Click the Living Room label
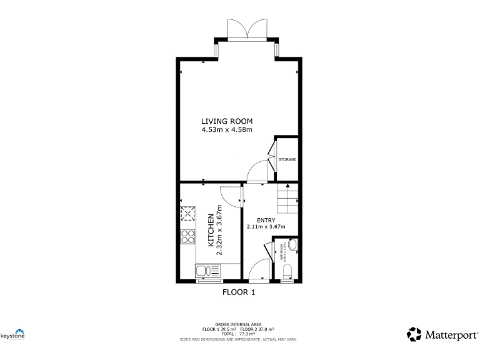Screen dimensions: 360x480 [x=226, y=121]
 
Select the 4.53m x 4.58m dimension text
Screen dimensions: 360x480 [x=226, y=130]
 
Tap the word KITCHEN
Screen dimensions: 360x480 [x=211, y=229]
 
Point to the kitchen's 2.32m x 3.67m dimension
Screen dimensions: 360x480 [x=219, y=229]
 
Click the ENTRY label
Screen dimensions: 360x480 [x=266, y=220]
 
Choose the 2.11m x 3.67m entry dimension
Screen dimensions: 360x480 [x=266, y=227]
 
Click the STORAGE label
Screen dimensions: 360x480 [x=287, y=159]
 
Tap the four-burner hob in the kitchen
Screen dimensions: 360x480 [x=187, y=237]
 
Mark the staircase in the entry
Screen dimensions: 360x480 [x=287, y=199]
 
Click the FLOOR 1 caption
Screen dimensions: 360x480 [x=239, y=292]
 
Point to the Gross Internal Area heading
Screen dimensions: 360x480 [x=239, y=324]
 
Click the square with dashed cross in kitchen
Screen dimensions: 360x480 [x=187, y=214]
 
